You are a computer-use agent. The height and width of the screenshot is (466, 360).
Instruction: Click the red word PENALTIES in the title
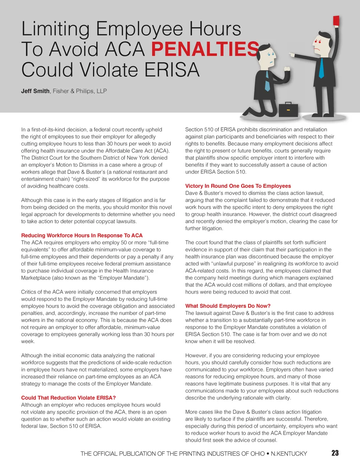coord(205,49)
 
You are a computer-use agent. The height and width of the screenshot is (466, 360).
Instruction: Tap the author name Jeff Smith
coord(35,91)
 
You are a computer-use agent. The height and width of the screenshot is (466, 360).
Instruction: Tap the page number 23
coord(335,453)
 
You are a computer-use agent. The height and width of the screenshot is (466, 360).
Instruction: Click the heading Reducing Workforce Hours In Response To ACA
coord(82,235)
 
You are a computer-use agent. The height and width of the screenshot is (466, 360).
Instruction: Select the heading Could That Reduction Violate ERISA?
coord(69,398)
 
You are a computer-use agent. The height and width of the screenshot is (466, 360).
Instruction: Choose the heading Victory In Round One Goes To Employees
coord(238,186)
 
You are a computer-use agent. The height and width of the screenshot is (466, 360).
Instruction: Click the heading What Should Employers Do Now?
coord(228,306)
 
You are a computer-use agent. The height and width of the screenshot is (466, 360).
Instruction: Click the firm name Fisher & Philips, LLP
coord(80,91)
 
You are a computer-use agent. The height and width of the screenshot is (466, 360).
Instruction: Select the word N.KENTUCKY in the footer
coord(289,454)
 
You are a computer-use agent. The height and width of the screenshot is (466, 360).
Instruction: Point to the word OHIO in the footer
coord(258,454)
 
